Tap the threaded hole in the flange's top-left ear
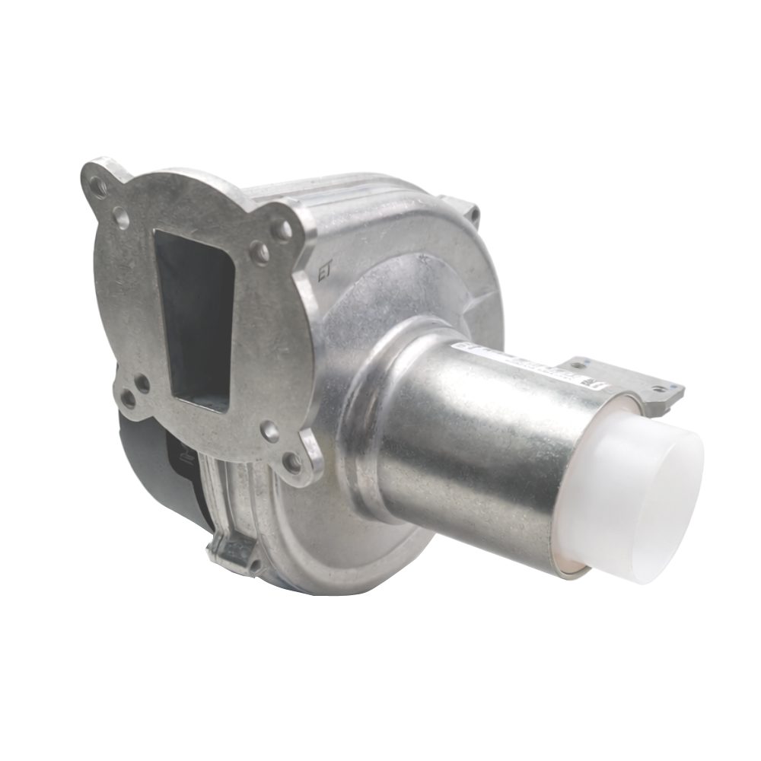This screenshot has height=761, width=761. pyautogui.click(x=99, y=185)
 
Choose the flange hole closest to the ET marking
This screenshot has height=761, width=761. pyautogui.click(x=282, y=229)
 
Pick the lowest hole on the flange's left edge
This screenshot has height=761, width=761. pyautogui.click(x=129, y=398)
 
